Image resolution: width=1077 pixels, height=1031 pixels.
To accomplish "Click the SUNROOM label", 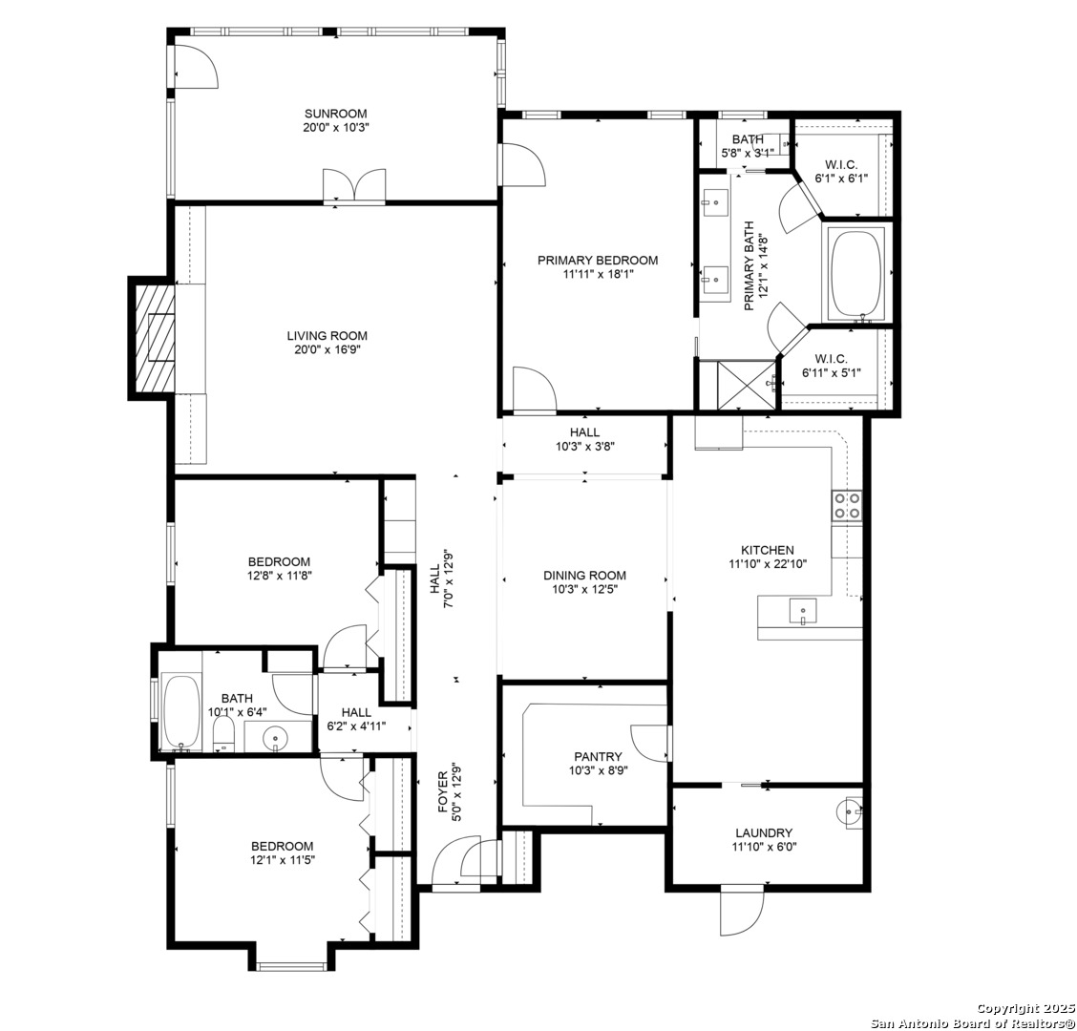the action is click(336, 114).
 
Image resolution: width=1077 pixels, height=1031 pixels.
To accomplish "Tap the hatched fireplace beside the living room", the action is click(155, 338).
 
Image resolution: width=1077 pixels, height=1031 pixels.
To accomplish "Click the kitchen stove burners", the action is click(846, 506).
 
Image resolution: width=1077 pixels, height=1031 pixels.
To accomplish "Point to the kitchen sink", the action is click(802, 611).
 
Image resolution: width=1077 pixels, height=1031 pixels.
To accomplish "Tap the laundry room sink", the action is click(850, 811).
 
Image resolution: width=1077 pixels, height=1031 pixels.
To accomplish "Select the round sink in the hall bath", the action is click(275, 738).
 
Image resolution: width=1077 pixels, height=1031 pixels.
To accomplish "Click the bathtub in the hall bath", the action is click(182, 714).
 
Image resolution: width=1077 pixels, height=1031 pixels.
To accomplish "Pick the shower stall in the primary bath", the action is click(747, 385).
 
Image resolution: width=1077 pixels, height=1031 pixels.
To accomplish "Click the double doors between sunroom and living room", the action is click(354, 186).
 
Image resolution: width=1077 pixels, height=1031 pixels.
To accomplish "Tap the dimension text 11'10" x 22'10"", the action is click(768, 564).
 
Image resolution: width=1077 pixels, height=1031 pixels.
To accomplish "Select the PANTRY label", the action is click(599, 757).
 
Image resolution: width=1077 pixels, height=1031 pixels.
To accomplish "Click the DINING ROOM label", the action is click(584, 576).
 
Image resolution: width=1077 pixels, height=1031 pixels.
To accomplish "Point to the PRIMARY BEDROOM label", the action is click(598, 261).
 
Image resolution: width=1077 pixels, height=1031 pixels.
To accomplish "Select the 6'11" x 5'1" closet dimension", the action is click(831, 373).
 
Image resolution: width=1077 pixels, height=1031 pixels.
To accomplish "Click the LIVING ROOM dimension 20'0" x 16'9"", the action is click(327, 349).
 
